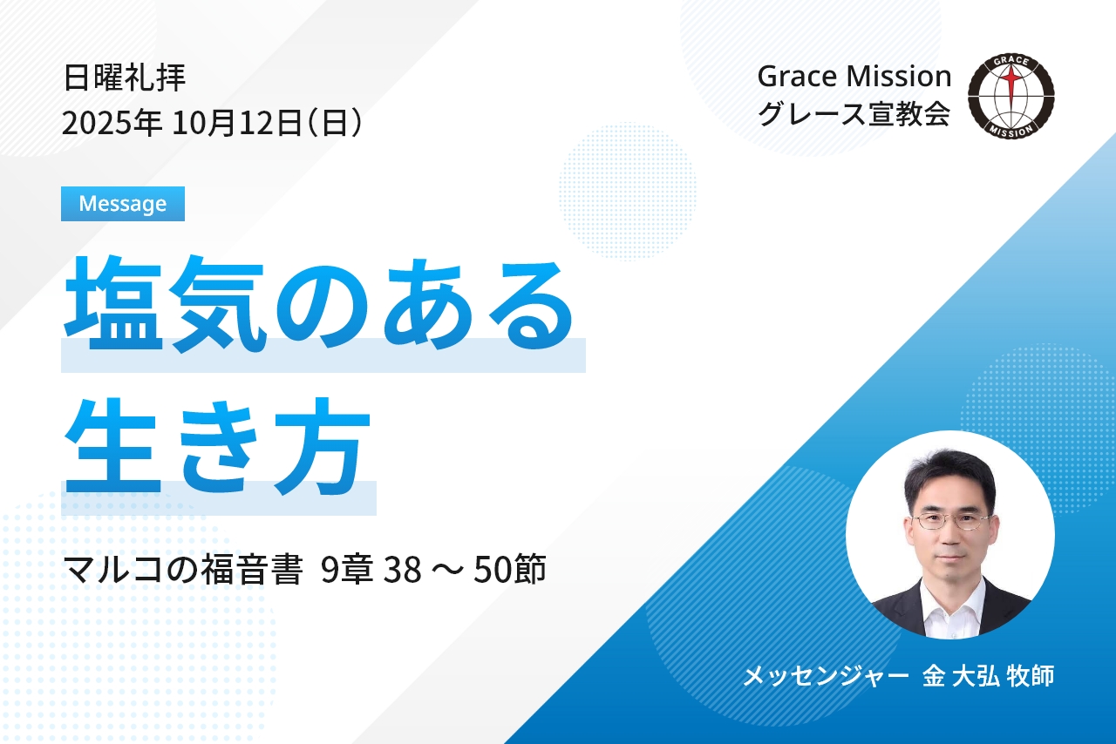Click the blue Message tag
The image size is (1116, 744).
tap(123, 204)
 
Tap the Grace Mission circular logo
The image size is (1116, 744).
tap(1011, 96)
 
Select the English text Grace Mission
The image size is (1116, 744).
tap(854, 77)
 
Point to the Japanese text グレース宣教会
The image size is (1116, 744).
tap(854, 113)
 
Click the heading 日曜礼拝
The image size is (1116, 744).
tap(125, 78)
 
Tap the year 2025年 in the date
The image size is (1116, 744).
tap(112, 123)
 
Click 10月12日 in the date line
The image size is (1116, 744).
tap(237, 123)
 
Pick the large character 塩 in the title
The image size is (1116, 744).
tap(113, 304)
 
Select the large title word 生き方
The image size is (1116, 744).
tap(218, 446)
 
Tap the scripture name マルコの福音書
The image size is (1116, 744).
tap(183, 569)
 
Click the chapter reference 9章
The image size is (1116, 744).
tap(347, 569)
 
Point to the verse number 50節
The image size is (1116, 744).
tap(509, 569)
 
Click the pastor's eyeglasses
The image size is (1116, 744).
tap(950, 521)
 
